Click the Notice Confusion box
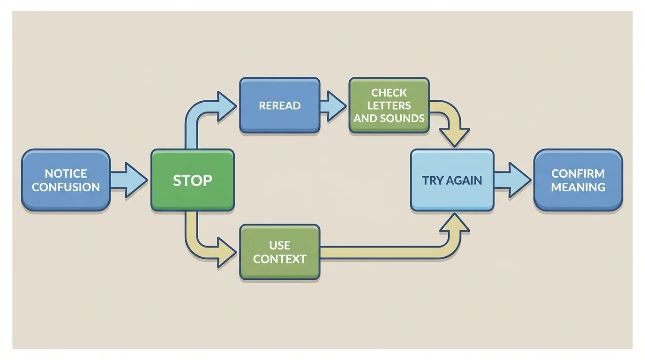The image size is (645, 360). (66, 180)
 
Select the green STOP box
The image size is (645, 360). (192, 180)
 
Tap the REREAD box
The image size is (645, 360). (280, 105)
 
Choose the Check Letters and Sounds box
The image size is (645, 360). (389, 105)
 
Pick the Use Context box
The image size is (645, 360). (280, 252)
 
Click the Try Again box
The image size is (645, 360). (452, 180)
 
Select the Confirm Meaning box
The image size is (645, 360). (578, 180)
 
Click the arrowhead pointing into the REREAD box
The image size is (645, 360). (226, 105)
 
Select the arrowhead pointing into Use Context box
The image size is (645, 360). (226, 252)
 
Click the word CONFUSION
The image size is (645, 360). (66, 187)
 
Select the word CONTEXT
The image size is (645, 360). (280, 259)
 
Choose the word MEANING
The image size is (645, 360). (578, 187)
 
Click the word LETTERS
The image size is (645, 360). (389, 105)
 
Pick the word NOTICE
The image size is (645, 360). (66, 173)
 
